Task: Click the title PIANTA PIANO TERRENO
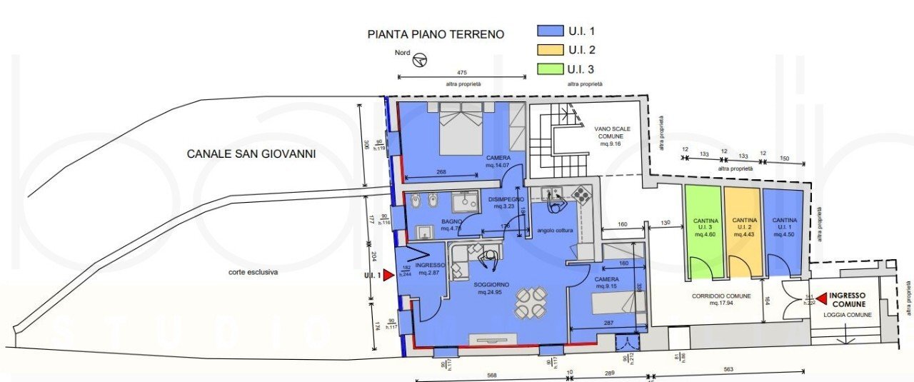click(436, 34)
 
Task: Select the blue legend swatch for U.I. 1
click(550, 30)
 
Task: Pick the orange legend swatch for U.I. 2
click(550, 50)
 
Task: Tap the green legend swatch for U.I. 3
click(550, 69)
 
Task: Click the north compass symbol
click(421, 60)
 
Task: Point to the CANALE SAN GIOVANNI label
click(251, 154)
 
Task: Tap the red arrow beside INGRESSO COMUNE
click(821, 298)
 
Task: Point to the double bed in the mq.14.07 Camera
click(461, 129)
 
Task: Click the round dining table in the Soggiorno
click(531, 303)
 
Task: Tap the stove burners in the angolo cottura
click(579, 194)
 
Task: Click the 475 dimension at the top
click(461, 72)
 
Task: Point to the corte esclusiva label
click(253, 272)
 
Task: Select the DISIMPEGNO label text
click(507, 199)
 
